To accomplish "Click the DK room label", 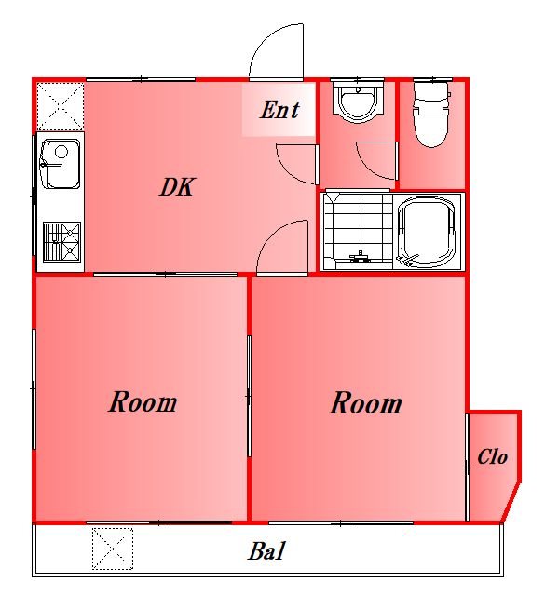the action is tap(177, 187).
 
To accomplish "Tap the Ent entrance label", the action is tap(279, 110).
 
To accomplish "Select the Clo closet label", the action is tap(493, 456).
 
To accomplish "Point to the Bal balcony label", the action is tap(267, 551).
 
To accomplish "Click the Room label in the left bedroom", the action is tap(143, 402).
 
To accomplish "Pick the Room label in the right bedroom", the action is tap(366, 403).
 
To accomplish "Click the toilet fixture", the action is tap(431, 114).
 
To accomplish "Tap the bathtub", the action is tap(428, 232).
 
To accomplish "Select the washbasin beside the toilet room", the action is tap(358, 102).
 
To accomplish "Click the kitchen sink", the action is tap(61, 164).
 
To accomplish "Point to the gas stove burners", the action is tap(61, 241).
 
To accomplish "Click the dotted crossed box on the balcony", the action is tap(113, 549).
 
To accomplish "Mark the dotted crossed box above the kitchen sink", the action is tap(61, 106).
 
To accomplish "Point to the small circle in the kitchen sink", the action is tap(61, 151).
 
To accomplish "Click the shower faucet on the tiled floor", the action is tap(361, 256).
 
